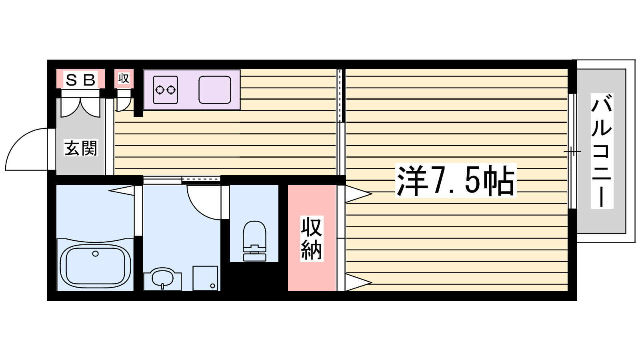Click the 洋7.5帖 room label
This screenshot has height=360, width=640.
point(456,181)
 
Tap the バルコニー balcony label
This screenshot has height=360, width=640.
point(602,151)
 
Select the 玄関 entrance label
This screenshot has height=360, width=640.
point(81,148)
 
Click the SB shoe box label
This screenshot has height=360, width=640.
point(80,80)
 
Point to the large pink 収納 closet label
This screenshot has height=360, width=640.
point(311,238)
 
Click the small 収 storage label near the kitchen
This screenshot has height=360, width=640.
point(124,78)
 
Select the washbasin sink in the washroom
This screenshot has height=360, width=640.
point(162,277)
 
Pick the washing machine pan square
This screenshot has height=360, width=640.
point(205,278)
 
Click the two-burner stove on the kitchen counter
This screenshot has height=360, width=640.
point(166,90)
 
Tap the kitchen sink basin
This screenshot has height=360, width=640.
point(215,90)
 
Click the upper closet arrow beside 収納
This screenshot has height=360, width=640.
point(358,194)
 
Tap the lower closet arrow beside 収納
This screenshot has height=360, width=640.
point(358,282)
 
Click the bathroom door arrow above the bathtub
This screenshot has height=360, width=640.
point(121,190)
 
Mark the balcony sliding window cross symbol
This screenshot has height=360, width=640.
point(572,152)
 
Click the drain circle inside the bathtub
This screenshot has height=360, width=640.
point(95,254)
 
